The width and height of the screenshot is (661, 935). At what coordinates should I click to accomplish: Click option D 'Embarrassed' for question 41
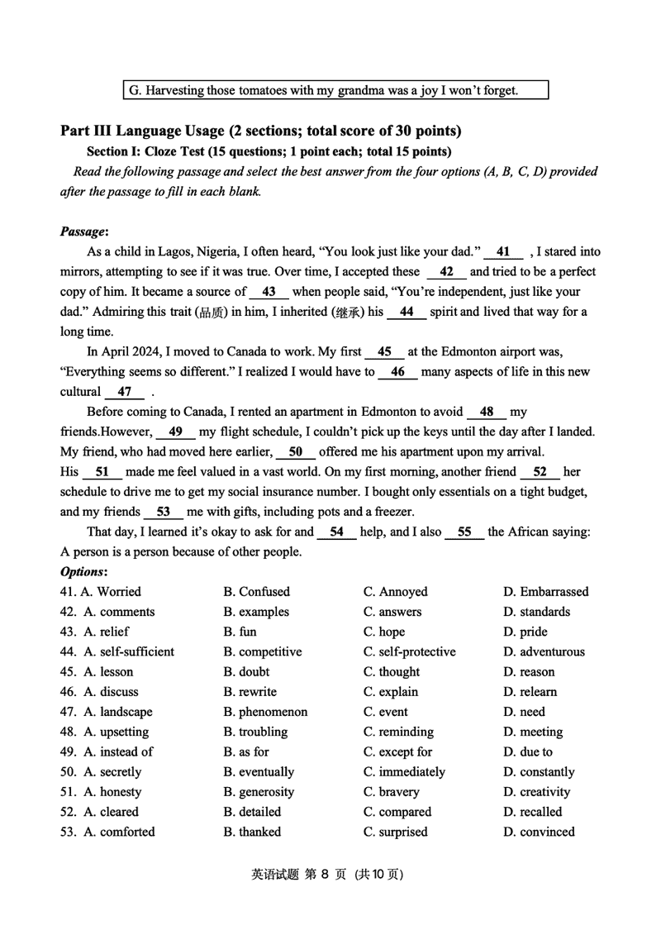(545, 592)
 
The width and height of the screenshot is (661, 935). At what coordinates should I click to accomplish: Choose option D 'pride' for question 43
(525, 632)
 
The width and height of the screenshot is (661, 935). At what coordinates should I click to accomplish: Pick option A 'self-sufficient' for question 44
(129, 652)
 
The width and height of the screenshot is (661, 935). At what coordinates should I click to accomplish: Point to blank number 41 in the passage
(503, 252)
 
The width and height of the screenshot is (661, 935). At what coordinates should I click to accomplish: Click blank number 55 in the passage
(464, 532)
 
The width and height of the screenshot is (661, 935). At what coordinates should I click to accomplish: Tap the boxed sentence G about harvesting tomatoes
(335, 90)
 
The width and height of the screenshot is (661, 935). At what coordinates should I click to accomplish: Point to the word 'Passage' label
(84, 232)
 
